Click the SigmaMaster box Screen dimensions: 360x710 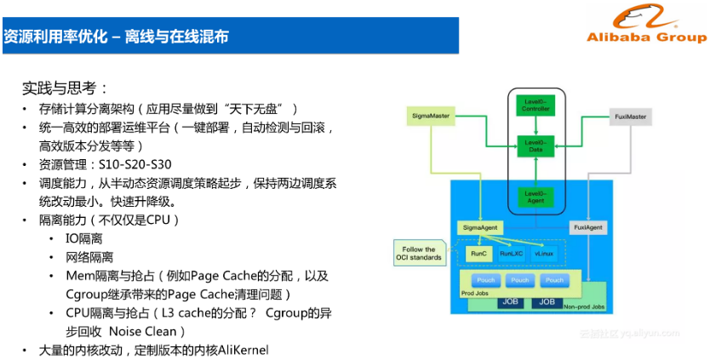[431, 114]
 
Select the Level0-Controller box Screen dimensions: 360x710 [535, 105]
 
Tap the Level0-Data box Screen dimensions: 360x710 [535, 146]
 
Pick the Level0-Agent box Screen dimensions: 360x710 [535, 197]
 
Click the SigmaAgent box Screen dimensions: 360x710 [478, 228]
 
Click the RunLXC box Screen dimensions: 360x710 [512, 254]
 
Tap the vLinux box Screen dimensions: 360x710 [545, 254]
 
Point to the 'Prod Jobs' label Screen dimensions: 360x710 [475, 292]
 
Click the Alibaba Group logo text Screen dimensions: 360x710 [646, 38]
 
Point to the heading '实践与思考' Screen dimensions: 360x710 [65, 87]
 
